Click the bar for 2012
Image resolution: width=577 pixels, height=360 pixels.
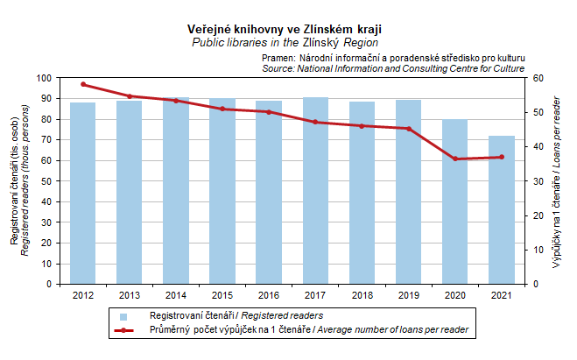tap(83, 193)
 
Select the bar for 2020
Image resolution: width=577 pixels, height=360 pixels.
tap(454, 201)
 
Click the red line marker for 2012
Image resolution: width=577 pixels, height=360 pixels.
tap(83, 84)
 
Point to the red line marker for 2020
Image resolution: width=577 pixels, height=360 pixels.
tap(454, 159)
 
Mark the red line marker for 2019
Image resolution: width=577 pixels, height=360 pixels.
tap(408, 129)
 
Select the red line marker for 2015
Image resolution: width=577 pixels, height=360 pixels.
tap(222, 109)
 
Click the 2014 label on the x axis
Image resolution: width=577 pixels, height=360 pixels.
tap(176, 295)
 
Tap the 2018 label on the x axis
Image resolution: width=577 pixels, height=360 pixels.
tap(362, 295)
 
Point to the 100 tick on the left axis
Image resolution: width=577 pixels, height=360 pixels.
tap(45, 78)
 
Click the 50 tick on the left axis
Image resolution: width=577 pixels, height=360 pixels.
tap(47, 181)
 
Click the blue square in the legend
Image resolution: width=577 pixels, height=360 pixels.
tap(123, 315)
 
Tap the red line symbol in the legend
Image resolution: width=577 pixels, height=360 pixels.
tap(123, 330)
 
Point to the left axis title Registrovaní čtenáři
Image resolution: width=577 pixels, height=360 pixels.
tap(14, 197)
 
